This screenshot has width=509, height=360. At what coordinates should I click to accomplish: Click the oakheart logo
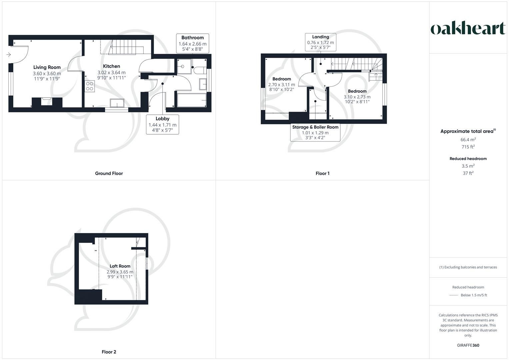(468, 28)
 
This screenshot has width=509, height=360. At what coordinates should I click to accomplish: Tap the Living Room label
(47, 67)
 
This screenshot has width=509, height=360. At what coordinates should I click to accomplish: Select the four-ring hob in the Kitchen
(90, 86)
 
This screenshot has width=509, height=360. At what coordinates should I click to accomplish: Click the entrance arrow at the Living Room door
(9, 55)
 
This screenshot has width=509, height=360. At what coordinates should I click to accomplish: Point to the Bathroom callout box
(192, 43)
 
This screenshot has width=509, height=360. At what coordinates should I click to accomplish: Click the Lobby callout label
(162, 119)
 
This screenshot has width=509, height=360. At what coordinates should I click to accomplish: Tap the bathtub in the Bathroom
(191, 100)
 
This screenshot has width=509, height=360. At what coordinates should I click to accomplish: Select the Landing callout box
(320, 42)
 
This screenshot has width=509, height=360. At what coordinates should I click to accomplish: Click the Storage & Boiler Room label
(315, 127)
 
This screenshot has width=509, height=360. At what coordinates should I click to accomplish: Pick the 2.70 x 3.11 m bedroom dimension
(281, 85)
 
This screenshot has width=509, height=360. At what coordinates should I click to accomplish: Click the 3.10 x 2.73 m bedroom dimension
(357, 97)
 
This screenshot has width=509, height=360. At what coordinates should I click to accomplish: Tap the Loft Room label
(120, 266)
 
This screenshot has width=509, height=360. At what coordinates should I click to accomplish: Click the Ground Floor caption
(109, 173)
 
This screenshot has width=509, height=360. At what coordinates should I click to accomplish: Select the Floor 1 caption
(322, 173)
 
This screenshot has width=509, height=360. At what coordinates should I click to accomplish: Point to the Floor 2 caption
(109, 352)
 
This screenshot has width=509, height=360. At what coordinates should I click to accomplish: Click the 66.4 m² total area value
(468, 140)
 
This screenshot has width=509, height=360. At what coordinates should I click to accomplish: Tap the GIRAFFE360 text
(468, 345)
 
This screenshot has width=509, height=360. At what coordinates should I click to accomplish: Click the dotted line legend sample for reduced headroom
(453, 295)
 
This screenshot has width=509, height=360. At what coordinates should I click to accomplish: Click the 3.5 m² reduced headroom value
(468, 166)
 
